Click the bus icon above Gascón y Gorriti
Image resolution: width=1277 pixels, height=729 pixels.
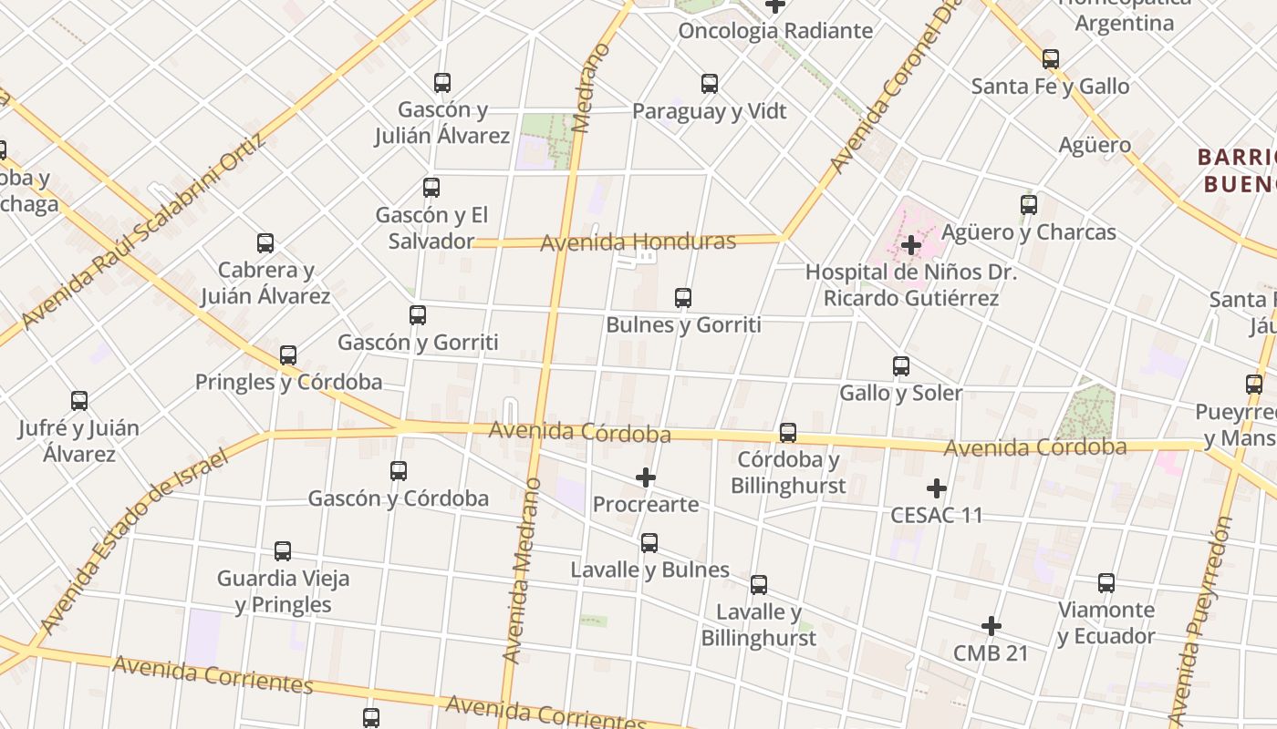coord(418,315)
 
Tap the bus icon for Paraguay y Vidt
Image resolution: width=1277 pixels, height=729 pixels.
coord(710,84)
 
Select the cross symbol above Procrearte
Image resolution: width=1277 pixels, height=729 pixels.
coord(646,477)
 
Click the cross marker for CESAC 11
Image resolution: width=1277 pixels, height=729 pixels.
coord(937,488)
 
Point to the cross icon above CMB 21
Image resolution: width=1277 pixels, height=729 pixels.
coord(991,626)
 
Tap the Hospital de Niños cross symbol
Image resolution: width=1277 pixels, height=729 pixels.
coord(910,245)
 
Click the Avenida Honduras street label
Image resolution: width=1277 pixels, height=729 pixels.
coord(638,242)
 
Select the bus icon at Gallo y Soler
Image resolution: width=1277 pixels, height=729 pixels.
coord(901,366)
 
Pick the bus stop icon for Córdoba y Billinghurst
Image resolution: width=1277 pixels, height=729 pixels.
coord(788,433)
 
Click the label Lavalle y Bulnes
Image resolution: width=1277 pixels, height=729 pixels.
coord(649,570)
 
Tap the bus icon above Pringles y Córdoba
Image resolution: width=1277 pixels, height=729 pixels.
coord(288,355)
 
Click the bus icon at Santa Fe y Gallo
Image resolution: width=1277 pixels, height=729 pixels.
coord(1051,59)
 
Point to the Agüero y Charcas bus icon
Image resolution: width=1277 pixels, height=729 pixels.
coord(1029,205)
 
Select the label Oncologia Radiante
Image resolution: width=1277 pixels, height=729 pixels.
coord(775,31)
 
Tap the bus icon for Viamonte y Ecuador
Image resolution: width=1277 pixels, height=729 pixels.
coord(1106,583)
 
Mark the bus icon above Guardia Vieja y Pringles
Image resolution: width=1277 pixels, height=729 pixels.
coord(283,551)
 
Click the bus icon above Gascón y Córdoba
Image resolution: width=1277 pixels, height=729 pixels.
coord(399,471)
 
